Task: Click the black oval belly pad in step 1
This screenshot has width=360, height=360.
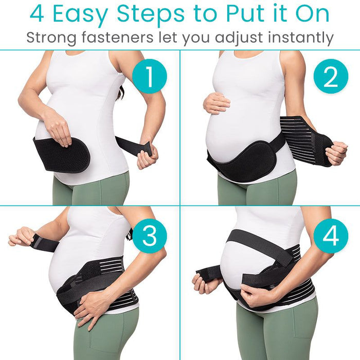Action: coord(62,154)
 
